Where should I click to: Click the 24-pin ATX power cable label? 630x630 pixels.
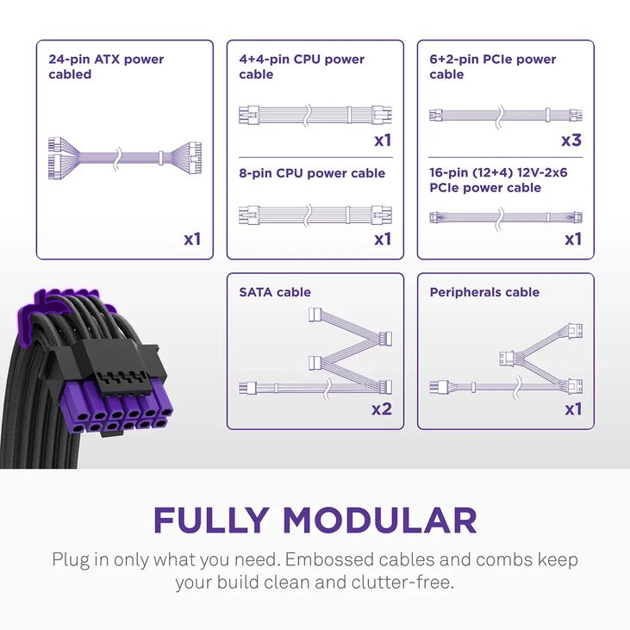tap(106, 66)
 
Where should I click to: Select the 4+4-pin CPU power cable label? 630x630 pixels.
tap(302, 66)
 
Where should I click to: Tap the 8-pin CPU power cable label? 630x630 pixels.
tap(312, 173)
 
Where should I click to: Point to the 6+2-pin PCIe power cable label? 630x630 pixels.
tap(493, 66)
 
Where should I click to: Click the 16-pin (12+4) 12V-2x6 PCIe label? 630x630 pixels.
tap(498, 180)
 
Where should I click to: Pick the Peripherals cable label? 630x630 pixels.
tap(484, 292)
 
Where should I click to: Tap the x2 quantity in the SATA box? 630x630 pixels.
tap(382, 409)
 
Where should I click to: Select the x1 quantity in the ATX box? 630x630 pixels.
tap(192, 238)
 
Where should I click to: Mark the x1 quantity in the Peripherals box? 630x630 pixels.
tap(573, 409)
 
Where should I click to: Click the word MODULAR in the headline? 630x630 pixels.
tap(379, 520)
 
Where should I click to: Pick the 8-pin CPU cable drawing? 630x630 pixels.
tap(314, 213)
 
